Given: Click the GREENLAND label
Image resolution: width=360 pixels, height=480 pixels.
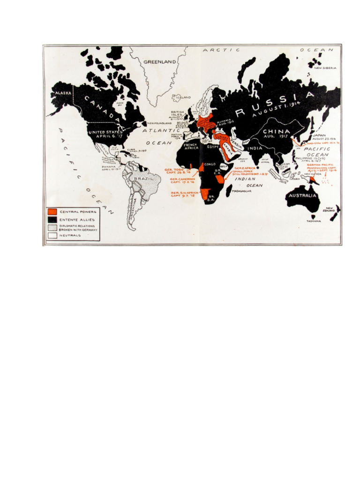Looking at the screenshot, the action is [x=159, y=62].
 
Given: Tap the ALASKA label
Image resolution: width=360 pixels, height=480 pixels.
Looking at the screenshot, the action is [x=62, y=93].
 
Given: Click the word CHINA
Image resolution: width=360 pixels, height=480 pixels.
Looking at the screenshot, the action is [x=275, y=132].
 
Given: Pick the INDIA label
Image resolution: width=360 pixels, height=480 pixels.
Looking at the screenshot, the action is [x=256, y=149].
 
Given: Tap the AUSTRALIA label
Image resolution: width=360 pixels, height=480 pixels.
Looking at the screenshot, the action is [x=302, y=195].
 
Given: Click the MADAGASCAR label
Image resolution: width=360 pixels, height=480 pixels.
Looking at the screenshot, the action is [x=242, y=191].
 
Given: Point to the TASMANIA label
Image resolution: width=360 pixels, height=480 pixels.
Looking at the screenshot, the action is [x=314, y=221].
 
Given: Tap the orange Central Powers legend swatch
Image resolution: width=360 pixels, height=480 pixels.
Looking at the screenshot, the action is [x=52, y=212].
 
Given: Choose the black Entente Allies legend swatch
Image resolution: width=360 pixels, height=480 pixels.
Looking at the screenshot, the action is [x=52, y=219].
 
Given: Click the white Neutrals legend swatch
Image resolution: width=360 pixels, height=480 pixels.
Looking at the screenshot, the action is [x=52, y=235].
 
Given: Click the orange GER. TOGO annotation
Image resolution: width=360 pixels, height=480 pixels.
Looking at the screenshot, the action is [x=174, y=170].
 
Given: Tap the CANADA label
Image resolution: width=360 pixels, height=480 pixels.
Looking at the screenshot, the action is [x=98, y=109].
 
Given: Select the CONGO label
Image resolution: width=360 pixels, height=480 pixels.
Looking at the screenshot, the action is [x=210, y=165].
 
